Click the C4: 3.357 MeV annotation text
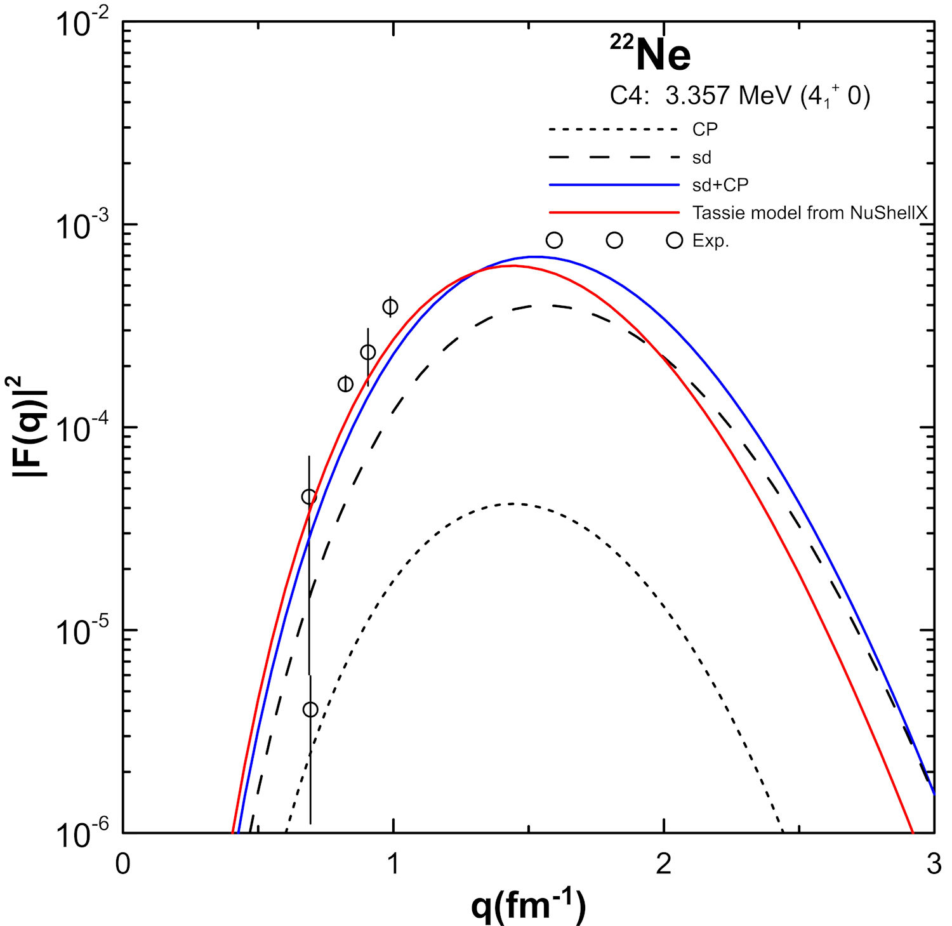739,96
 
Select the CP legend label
704,129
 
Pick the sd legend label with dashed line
701,157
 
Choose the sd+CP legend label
720,185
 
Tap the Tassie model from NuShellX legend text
810,213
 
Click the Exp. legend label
710,241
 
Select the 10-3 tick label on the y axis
82,227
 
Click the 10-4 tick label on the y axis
82,430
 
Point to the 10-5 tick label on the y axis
82,632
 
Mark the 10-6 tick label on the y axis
82,834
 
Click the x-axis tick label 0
123,864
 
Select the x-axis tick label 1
393,864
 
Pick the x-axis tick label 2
664,864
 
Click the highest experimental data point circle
390,307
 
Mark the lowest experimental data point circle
310,710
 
